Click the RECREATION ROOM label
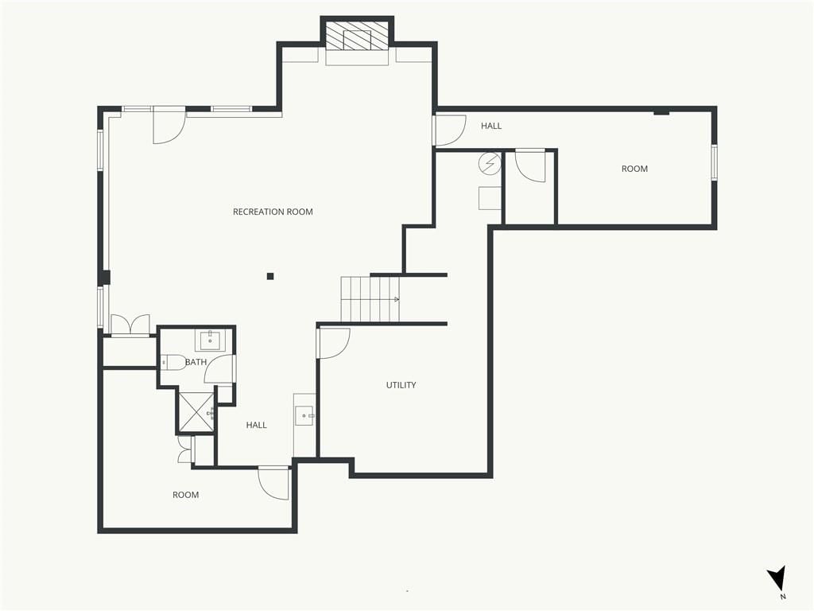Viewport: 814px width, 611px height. (273, 212)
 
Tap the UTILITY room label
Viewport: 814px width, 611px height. (401, 385)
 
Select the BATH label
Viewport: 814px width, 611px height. (196, 362)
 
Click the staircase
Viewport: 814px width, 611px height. (370, 299)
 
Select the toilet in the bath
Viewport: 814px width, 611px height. (172, 362)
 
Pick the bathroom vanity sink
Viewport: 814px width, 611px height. (210, 341)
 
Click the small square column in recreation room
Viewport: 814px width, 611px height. (270, 276)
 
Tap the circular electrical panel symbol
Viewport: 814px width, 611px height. (490, 163)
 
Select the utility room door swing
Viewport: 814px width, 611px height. (333, 343)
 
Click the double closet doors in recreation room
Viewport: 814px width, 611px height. (130, 325)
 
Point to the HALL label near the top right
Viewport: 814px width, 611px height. (491, 126)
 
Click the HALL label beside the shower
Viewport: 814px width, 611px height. (257, 425)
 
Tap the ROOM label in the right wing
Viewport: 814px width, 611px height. (634, 169)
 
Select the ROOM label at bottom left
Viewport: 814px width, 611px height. (186, 495)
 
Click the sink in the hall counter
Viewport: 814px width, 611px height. (304, 415)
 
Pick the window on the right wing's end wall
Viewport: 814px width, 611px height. (715, 162)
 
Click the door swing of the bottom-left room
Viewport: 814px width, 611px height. (273, 483)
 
